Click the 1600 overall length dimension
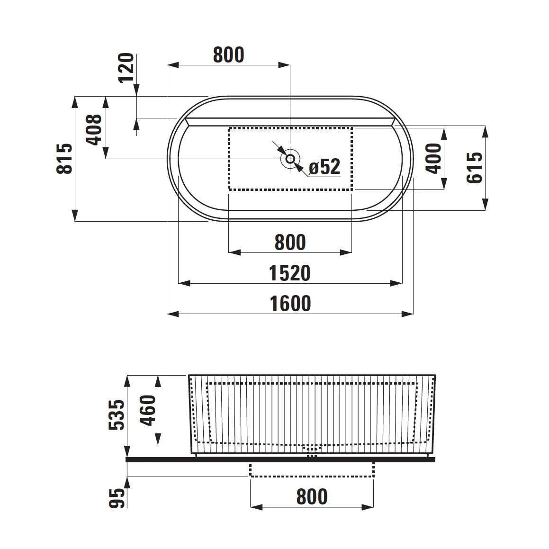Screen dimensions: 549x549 tap(290, 304)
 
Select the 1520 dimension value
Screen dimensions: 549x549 tap(290, 273)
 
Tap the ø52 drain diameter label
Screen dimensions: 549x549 tap(324, 167)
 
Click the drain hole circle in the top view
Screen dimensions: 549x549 tap(290, 158)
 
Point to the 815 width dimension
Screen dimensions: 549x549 tap(65, 159)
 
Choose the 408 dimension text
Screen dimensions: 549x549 tap(94, 129)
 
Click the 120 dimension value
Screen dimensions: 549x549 tap(126, 68)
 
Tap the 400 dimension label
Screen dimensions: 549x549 tap(433, 158)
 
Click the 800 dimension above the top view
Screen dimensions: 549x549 tap(228, 55)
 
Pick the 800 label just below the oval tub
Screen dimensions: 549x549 tap(290, 243)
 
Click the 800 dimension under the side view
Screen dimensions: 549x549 tap(312, 497)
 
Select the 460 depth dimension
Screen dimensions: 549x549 tap(148, 410)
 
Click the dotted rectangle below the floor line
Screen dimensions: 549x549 tap(311, 469)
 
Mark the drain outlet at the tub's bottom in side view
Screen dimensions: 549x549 tap(311, 450)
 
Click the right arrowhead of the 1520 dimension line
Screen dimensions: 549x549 tap(397, 283)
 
